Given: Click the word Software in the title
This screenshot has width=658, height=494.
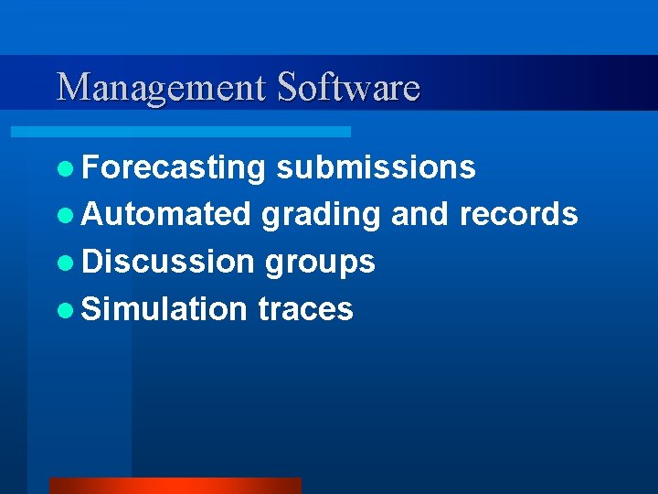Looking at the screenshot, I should [348, 87].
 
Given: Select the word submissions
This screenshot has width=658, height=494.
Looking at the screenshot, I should [376, 167].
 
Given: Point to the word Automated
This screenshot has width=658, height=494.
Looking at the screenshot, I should [165, 214].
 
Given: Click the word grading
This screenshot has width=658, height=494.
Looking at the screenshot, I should [321, 215].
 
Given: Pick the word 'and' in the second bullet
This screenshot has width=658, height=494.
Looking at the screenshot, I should [419, 214].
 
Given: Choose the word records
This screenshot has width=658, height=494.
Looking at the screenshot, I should [518, 214].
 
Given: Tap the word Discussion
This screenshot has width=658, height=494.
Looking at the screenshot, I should [168, 262].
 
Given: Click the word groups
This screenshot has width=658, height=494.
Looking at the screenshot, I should [320, 263].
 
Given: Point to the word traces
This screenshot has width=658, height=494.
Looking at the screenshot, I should [305, 309].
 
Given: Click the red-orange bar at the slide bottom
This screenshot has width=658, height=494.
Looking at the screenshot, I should [175, 486].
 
